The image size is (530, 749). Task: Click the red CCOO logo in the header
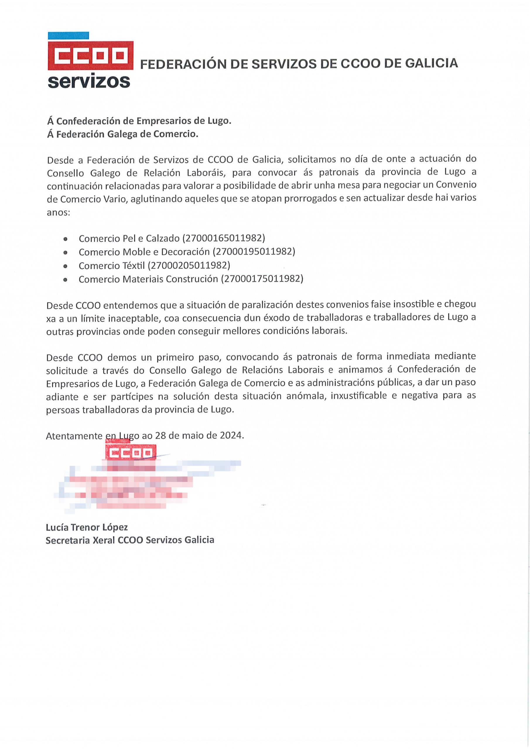point(90,56)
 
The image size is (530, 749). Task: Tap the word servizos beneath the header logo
point(89,82)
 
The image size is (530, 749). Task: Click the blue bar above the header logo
point(69,36)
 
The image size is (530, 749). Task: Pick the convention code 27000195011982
point(254,252)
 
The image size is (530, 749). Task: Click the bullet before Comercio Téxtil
point(66,266)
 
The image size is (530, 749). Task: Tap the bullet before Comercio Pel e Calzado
point(66,239)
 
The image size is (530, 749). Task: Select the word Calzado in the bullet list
point(163,239)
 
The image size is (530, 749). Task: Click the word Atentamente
point(74,436)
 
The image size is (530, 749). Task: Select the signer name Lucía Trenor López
point(87,528)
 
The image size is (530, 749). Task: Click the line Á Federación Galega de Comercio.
point(123,134)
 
